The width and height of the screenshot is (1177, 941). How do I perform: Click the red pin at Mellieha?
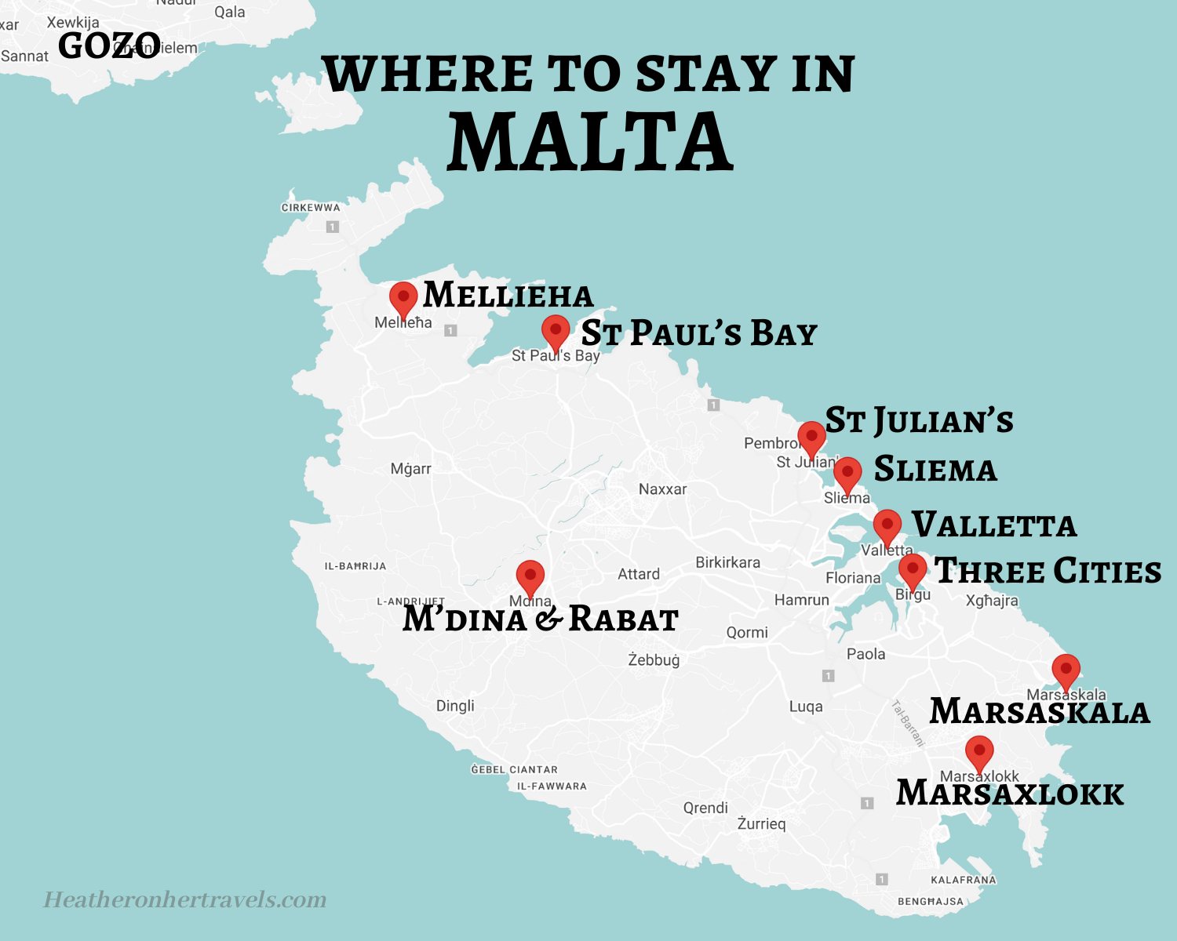pyautogui.click(x=403, y=299)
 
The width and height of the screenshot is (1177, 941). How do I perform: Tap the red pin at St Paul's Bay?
pyautogui.click(x=556, y=332)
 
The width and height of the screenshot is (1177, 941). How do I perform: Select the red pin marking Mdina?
pyautogui.click(x=530, y=577)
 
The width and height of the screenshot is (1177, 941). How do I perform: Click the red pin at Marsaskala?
pyautogui.click(x=1066, y=670)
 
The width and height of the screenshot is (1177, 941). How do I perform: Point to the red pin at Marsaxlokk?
pyautogui.click(x=979, y=752)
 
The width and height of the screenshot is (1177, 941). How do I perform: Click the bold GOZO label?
pyautogui.click(x=109, y=46)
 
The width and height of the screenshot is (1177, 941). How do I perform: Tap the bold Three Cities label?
pyautogui.click(x=1048, y=571)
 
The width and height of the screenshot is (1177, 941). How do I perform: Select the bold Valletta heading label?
pyautogui.click(x=993, y=525)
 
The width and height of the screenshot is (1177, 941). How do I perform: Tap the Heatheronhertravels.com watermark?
pyautogui.click(x=185, y=899)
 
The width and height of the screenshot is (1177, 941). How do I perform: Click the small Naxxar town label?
pyautogui.click(x=662, y=489)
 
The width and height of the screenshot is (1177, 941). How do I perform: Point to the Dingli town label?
pyautogui.click(x=455, y=706)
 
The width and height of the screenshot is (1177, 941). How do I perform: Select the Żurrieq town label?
pyautogui.click(x=761, y=823)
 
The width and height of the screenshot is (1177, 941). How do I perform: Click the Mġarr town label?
pyautogui.click(x=411, y=469)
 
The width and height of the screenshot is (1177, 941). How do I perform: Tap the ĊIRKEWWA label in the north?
pyautogui.click(x=311, y=208)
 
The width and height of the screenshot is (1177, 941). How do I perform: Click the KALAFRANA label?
pyautogui.click(x=963, y=880)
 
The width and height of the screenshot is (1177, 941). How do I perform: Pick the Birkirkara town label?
pyautogui.click(x=727, y=562)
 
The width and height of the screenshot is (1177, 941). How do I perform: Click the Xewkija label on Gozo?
pyautogui.click(x=73, y=22)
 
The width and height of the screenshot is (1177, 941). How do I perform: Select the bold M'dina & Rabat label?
pyautogui.click(x=540, y=619)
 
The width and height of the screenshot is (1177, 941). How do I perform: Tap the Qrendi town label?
pyautogui.click(x=705, y=808)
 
